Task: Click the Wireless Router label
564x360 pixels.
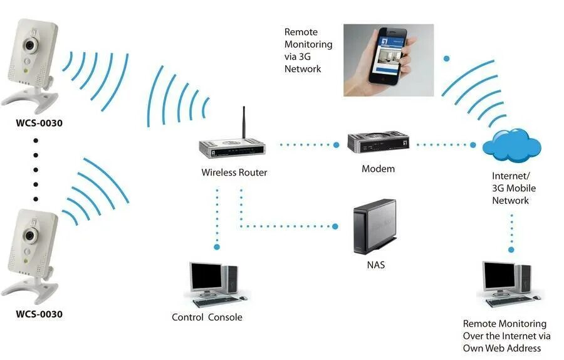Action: coord(234,172)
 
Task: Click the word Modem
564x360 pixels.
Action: coord(378,169)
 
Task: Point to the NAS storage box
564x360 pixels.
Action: coord(375,226)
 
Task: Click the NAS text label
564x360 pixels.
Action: coord(376,265)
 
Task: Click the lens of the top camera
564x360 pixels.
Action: coord(29,46)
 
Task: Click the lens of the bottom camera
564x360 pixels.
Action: coord(29,236)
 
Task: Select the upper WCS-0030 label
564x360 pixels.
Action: coord(39,123)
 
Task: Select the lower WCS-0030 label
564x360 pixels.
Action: coord(39,314)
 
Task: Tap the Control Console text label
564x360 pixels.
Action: coord(207,317)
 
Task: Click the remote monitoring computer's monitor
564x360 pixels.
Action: coord(498,277)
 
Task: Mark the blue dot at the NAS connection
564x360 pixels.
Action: coord(336,226)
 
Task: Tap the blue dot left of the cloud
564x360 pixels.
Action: coord(473,145)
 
